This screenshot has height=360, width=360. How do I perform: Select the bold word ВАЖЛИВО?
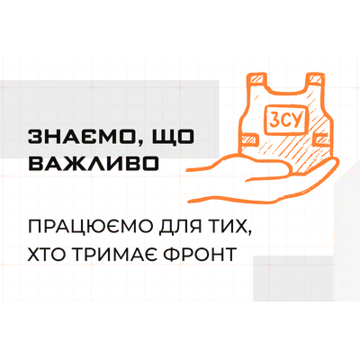click(94, 164)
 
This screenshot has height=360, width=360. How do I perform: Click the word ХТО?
click(48, 255)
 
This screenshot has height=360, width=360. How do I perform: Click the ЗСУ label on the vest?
click(284, 120)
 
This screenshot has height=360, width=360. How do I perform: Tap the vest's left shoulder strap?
click(256, 80)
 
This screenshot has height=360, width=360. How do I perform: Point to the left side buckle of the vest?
click(251, 139)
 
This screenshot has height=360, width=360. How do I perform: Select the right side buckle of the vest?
click(321, 138)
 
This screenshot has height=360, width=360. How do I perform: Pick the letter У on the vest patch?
click(296, 119)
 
